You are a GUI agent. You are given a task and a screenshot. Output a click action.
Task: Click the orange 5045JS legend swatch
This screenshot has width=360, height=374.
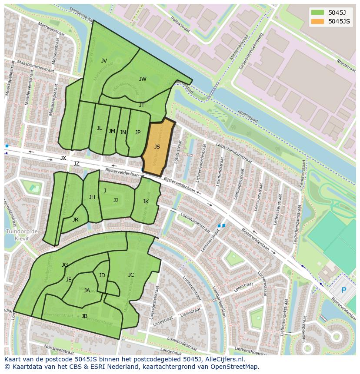[318, 21]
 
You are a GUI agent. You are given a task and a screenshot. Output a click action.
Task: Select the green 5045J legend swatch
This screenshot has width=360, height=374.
[318, 12]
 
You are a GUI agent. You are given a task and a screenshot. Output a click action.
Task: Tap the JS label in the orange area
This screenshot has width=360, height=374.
[157, 147]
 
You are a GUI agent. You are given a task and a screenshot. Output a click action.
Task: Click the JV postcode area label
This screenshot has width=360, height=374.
[104, 61]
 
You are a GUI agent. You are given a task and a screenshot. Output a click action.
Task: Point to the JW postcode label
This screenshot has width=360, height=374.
[143, 79]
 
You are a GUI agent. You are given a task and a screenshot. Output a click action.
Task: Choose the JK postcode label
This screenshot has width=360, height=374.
[146, 202]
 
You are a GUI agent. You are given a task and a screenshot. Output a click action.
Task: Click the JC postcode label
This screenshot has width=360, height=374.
[131, 275]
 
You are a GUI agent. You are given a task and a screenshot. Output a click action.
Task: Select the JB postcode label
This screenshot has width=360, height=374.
[84, 316]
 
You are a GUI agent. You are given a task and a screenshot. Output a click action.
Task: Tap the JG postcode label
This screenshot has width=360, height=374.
[65, 265]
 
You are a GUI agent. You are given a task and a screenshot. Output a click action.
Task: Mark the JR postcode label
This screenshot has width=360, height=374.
[75, 220]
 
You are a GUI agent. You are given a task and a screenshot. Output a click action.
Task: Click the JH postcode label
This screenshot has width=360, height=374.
[92, 197]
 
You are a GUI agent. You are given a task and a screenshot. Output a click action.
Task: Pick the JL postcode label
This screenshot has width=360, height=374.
[99, 128]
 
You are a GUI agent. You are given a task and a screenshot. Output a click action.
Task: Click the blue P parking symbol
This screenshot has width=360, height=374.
[343, 290]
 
